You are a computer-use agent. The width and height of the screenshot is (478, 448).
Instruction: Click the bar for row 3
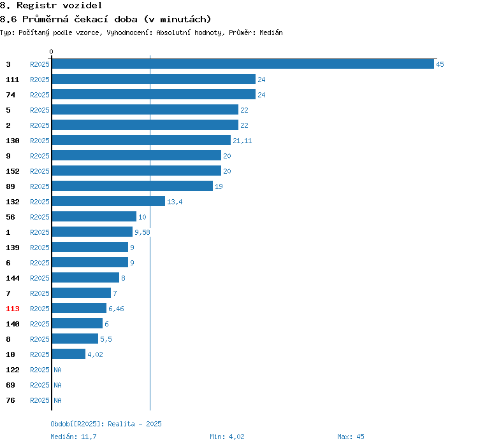point(243,64)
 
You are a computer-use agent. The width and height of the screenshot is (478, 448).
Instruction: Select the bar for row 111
point(154,79)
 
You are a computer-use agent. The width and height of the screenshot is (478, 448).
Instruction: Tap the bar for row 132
point(108,201)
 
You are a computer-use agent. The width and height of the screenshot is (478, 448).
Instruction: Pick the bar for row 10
point(69,354)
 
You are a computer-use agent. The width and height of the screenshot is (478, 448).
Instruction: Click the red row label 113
point(13,309)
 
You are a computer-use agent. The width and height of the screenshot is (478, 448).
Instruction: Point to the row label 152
point(13,171)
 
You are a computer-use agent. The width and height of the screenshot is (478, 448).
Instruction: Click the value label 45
point(440,64)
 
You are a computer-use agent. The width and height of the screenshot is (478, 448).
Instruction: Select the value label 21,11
point(242,141)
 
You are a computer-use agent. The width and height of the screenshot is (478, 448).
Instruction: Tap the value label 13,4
point(175,202)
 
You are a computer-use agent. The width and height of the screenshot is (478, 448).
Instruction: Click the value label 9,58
point(142,232)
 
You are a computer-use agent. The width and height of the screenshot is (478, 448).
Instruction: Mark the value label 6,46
point(116,309)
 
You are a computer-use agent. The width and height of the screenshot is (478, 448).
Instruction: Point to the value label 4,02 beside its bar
point(95,354)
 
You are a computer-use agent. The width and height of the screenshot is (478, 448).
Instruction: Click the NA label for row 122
point(57,370)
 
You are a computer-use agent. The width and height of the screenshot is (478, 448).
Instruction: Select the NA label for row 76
point(57,400)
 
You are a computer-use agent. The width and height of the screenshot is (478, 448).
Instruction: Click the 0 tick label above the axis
point(51,52)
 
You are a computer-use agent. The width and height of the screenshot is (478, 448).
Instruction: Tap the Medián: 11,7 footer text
point(73,437)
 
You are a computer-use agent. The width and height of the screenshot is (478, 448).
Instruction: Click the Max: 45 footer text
point(351,437)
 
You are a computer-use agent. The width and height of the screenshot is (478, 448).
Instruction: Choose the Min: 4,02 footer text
point(227,437)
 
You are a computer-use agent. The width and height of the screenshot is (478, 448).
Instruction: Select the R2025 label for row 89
point(40,186)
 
